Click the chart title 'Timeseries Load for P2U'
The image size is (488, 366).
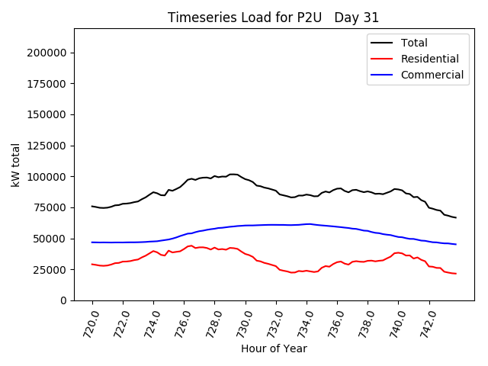(x=273, y=18)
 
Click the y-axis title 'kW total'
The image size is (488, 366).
(x=16, y=164)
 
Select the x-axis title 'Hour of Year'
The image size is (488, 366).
(x=274, y=348)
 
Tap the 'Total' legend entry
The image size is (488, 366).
(x=414, y=43)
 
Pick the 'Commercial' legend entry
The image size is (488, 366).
(x=432, y=75)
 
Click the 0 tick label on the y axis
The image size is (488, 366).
(x=63, y=300)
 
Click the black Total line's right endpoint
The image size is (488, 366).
(x=456, y=218)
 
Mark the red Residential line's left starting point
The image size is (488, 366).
(x=92, y=264)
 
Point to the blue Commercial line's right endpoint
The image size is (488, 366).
(x=456, y=244)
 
